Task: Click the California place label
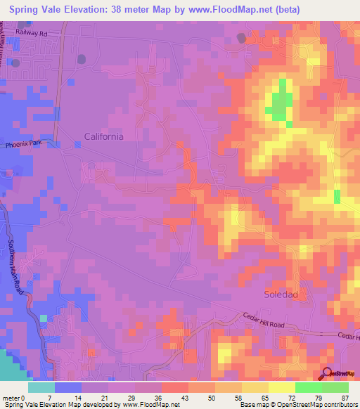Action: click(103, 137)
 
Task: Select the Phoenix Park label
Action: click(24, 144)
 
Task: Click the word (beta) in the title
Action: click(286, 10)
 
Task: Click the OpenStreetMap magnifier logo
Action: click(328, 374)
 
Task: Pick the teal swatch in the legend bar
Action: click(41, 387)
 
